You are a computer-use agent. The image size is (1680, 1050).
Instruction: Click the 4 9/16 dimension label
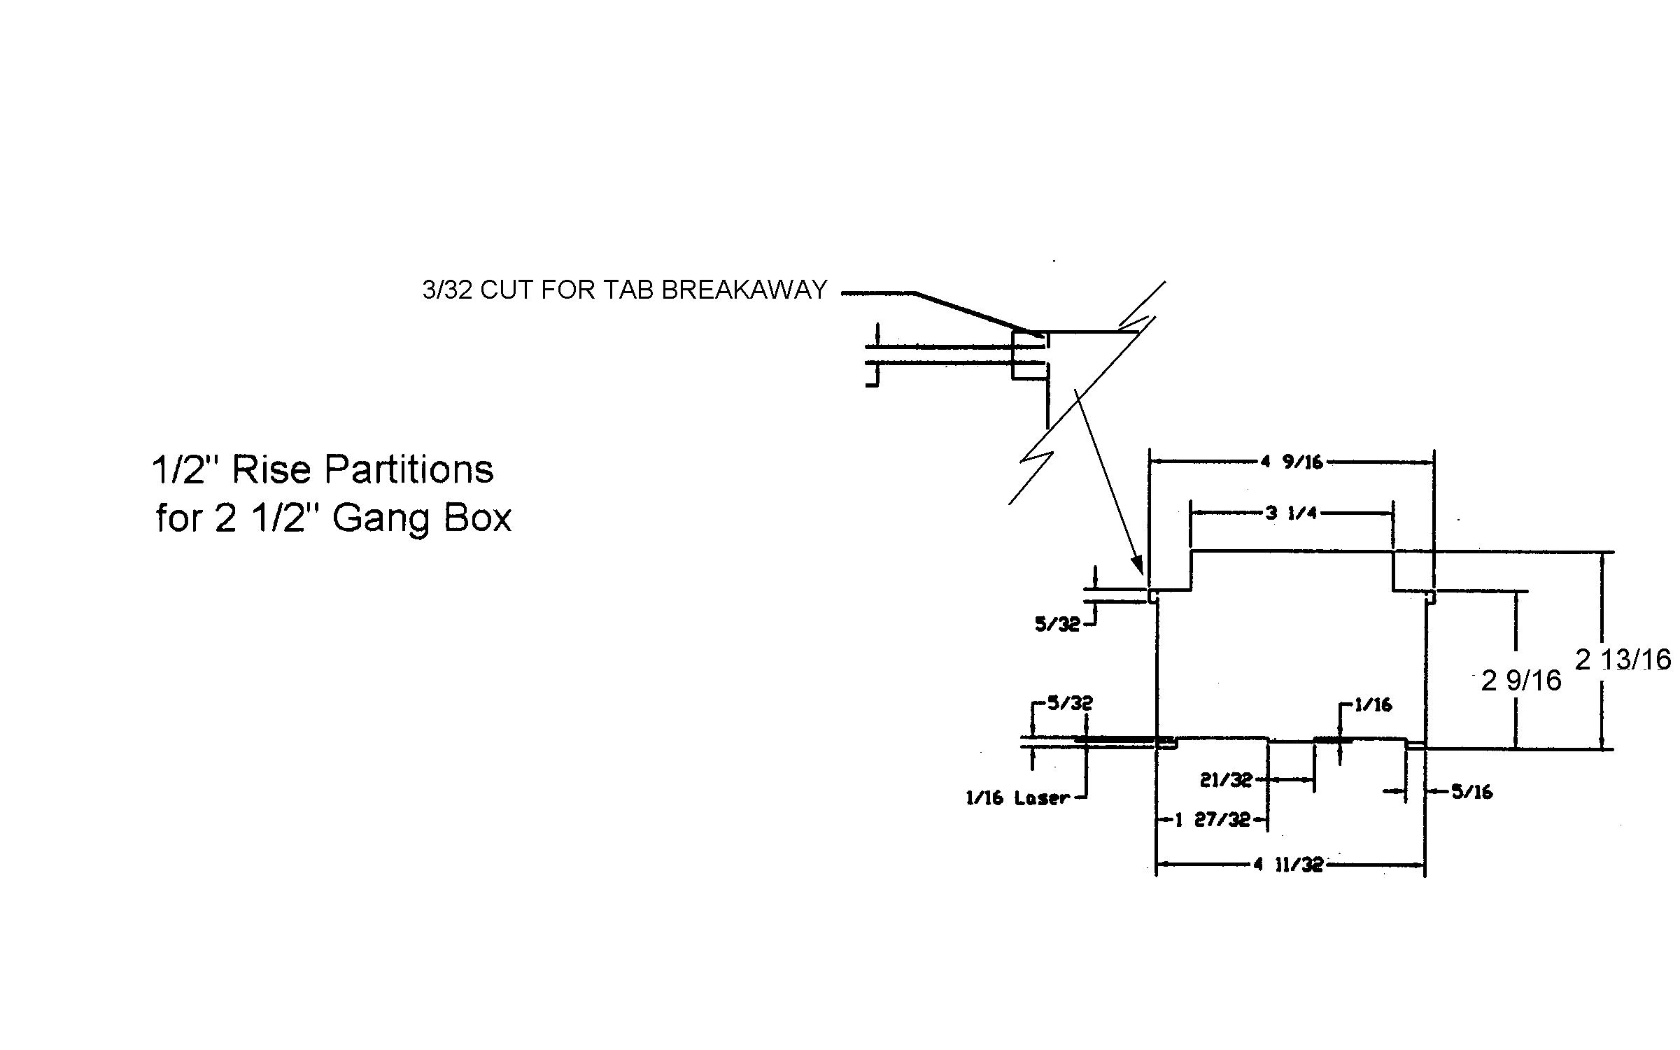click(x=1292, y=462)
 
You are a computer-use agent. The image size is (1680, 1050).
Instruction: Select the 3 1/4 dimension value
click(x=1291, y=513)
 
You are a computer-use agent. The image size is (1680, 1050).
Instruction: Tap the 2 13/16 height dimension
click(x=1623, y=660)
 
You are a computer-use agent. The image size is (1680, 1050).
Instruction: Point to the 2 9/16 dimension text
click(x=1521, y=681)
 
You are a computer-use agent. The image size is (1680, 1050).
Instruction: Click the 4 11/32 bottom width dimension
click(x=1288, y=865)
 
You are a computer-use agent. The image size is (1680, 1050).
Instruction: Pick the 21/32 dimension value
click(x=1226, y=779)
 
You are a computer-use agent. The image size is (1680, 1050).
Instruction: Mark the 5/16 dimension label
click(x=1471, y=792)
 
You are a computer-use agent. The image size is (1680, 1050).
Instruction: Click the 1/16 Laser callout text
click(x=1017, y=798)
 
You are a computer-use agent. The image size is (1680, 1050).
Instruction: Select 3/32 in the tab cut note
click(x=447, y=290)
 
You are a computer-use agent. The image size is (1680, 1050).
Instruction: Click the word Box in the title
click(x=478, y=519)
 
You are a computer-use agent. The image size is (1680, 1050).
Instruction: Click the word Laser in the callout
click(x=1042, y=798)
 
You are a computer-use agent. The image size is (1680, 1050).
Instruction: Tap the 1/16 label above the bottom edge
click(x=1373, y=705)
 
